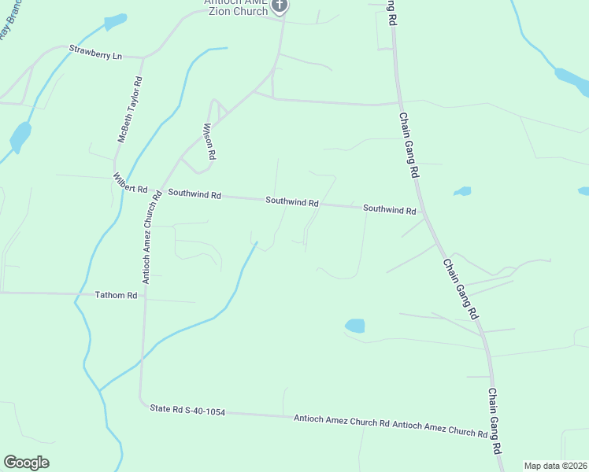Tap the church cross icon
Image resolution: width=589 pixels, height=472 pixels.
279,6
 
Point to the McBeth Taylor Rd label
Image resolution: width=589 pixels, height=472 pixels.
130,109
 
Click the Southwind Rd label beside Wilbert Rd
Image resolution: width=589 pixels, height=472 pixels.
194,194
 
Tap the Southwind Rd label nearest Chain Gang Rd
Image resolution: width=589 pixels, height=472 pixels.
389,210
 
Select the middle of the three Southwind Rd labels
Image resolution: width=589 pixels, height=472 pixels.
291,201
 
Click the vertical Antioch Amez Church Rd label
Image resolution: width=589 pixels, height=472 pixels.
151,237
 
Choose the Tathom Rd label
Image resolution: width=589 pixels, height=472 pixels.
116,296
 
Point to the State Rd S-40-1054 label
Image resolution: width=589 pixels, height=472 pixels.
187,410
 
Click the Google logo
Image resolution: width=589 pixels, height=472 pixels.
27,463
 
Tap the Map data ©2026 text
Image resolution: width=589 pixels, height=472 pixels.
555,466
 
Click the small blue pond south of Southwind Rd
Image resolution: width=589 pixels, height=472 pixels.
355,326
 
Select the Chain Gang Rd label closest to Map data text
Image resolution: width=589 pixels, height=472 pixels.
495,421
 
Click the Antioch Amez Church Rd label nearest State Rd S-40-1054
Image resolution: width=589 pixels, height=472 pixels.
341,422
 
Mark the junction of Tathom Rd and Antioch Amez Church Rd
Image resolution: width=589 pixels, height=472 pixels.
143,297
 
